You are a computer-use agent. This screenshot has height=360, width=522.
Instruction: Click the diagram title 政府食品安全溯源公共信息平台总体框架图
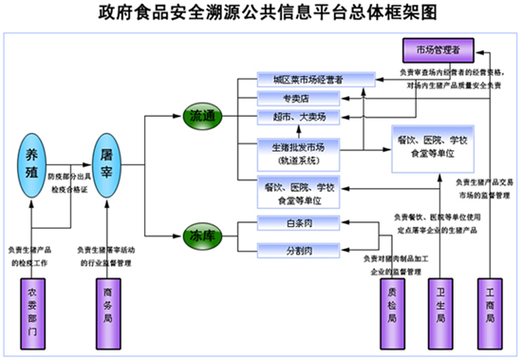[261, 13]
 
